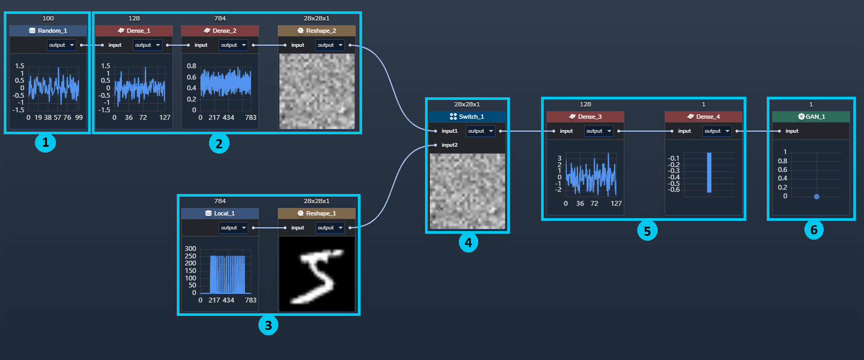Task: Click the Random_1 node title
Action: pyautogui.click(x=48, y=31)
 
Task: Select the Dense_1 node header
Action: pyautogui.click(x=134, y=31)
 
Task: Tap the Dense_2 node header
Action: pyautogui.click(x=220, y=31)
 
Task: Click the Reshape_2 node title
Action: pyautogui.click(x=316, y=31)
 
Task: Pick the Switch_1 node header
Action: pyautogui.click(x=467, y=117)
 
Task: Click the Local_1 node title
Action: pyautogui.click(x=220, y=213)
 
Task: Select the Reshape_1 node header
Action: pyautogui.click(x=316, y=213)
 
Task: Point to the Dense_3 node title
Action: pyautogui.click(x=585, y=117)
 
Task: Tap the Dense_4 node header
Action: pyautogui.click(x=703, y=117)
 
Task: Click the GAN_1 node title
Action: pyautogui.click(x=811, y=117)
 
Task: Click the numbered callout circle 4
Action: pyautogui.click(x=468, y=243)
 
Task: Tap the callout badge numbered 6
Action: pyautogui.click(x=814, y=230)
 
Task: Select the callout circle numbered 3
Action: pyautogui.click(x=269, y=325)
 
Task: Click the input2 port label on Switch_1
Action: pyautogui.click(x=449, y=145)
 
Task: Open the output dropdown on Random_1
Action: pyautogui.click(x=61, y=45)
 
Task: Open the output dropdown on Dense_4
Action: pyautogui.click(x=717, y=131)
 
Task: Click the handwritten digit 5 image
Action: pyautogui.click(x=316, y=274)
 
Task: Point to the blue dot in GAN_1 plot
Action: pyautogui.click(x=817, y=197)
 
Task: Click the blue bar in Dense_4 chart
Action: pyautogui.click(x=709, y=172)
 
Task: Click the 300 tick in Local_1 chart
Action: pyautogui.click(x=191, y=248)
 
